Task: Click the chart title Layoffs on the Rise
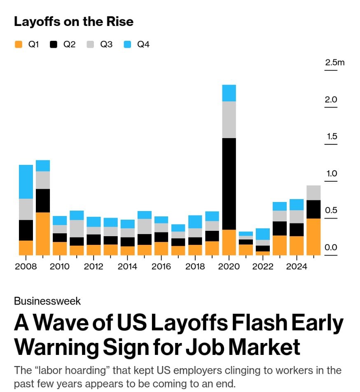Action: (x=74, y=21)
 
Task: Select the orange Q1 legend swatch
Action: (x=18, y=45)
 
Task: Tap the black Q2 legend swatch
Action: (x=54, y=45)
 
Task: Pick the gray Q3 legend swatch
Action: (x=91, y=45)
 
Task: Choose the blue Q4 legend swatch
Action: (x=128, y=45)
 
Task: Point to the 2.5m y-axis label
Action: (x=334, y=63)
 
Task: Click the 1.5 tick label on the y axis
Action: (x=331, y=136)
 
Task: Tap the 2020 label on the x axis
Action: (x=229, y=267)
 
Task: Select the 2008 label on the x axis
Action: (x=26, y=267)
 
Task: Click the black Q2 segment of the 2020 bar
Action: (x=229, y=183)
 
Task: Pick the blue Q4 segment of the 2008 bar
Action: (x=26, y=182)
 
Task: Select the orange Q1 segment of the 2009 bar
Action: (x=43, y=234)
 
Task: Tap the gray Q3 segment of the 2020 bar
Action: (x=229, y=120)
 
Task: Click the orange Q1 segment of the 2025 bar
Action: (x=313, y=237)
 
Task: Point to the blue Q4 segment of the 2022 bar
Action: (x=263, y=234)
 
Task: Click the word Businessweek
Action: (x=47, y=301)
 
